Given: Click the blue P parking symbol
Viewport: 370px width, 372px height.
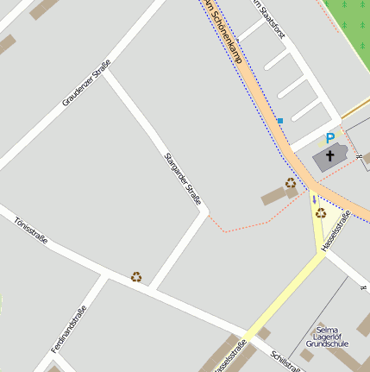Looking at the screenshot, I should tap(329, 137).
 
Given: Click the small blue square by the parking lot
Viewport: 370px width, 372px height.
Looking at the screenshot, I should tap(279, 120).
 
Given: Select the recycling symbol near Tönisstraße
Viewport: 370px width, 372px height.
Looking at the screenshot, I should tap(136, 277).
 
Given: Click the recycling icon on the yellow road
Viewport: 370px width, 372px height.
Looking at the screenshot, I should tap(321, 212).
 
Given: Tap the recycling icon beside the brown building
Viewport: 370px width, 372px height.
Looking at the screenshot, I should tap(291, 183).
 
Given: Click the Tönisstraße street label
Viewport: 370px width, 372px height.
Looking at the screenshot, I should tap(31, 230).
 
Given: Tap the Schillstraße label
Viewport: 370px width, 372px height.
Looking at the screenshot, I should tap(285, 362).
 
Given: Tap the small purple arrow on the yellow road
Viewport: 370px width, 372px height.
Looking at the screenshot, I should tap(314, 199).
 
